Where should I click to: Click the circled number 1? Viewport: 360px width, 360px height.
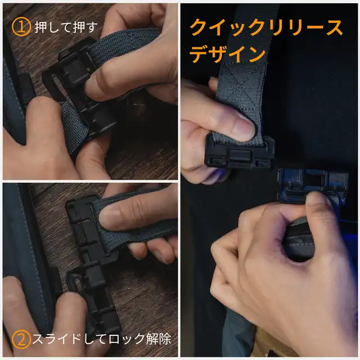coord(21,27)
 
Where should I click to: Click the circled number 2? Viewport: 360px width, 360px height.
coord(21,339)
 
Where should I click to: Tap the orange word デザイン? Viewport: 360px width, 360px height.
coord(228,54)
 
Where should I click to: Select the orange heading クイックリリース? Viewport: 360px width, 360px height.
coord(266,28)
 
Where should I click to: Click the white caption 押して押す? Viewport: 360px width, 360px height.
coord(66,28)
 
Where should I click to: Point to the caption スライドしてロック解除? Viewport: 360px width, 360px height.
coord(102,339)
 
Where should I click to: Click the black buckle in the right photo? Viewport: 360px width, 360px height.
coord(240,152)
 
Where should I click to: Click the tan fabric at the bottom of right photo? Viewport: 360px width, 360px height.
coord(271,344)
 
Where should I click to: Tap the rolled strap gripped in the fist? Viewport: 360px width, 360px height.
coord(299,238)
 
